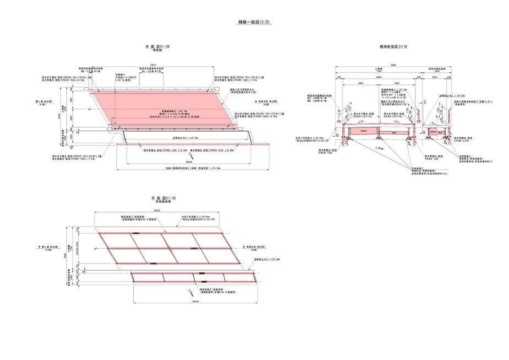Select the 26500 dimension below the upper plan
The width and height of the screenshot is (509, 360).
pyautogui.click(x=189, y=163)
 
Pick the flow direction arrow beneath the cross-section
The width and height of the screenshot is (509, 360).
pyautogui.click(x=377, y=149)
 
